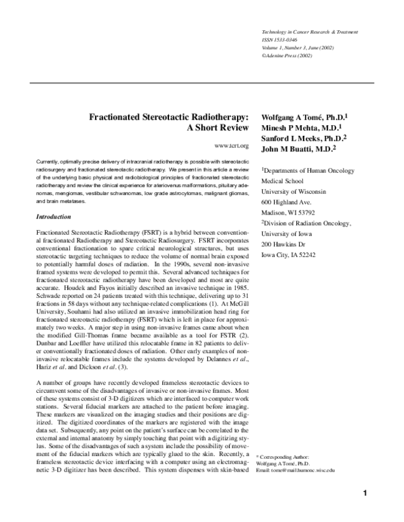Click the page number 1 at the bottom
(x=364, y=494)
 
